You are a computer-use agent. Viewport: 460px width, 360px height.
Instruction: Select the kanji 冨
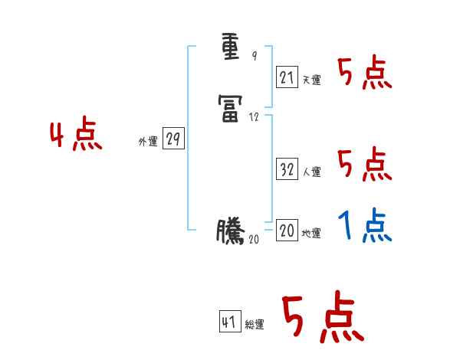point(231,112)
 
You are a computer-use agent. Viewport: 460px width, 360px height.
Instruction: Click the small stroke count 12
point(255,117)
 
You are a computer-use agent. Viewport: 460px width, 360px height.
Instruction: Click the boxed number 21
point(287,77)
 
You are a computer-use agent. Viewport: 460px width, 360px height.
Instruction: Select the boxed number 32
point(287,170)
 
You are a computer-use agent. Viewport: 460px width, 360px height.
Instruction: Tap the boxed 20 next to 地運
point(287,231)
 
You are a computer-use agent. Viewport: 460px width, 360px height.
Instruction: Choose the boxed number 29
point(173,139)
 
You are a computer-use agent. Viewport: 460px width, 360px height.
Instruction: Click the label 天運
point(311,80)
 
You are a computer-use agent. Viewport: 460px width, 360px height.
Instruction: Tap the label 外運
point(148,142)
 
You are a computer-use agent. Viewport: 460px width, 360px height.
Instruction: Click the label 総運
point(255,325)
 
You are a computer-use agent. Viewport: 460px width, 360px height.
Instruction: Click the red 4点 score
point(75,136)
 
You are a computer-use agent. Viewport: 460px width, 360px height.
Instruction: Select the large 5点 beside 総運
point(322,318)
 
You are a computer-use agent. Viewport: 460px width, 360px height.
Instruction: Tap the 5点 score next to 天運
point(365,74)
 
